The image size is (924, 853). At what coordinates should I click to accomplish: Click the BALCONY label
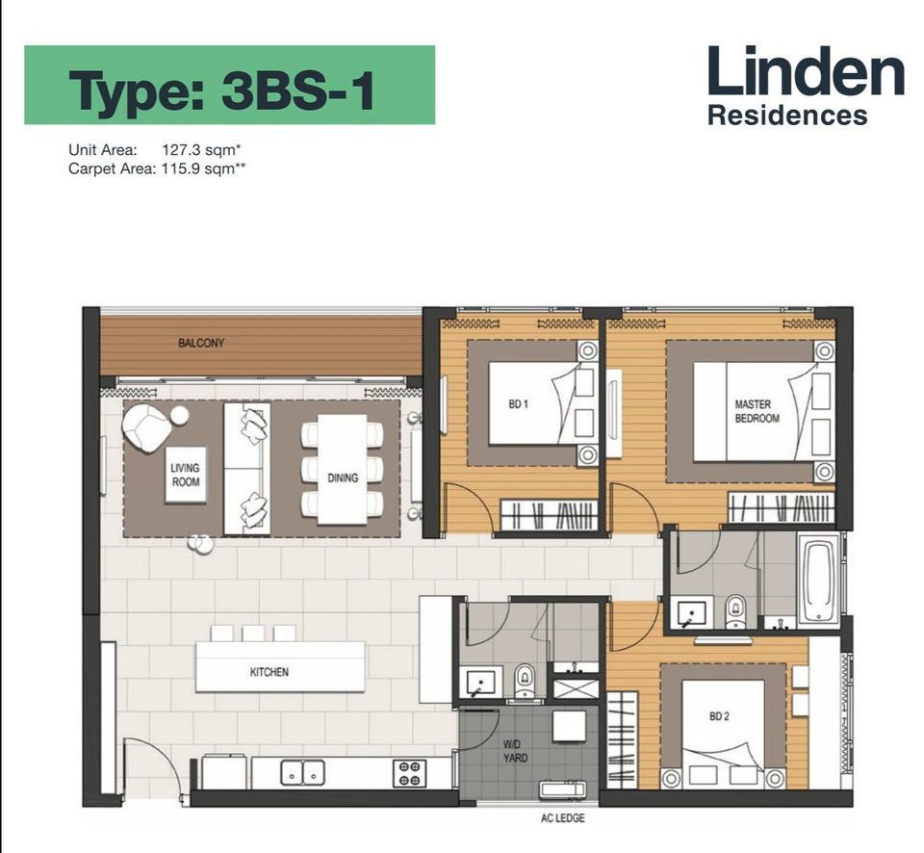coord(201,343)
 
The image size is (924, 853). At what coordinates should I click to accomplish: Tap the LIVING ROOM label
coord(185,475)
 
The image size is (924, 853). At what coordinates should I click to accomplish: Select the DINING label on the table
coord(343,478)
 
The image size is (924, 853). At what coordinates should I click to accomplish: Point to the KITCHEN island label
coord(269,671)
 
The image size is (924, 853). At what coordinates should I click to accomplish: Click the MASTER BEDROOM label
coord(757,411)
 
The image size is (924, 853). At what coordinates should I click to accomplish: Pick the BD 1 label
coord(519,404)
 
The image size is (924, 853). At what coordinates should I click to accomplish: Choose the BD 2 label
coord(720,716)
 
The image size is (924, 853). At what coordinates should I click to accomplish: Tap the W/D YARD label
coord(515,751)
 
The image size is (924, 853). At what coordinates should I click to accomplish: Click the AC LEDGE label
coord(563,818)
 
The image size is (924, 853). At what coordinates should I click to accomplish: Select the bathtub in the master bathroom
coord(818,582)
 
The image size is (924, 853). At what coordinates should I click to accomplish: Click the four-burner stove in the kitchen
coord(409,773)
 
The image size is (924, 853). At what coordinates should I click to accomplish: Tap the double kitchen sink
coord(302,772)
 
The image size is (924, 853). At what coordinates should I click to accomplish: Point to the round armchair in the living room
coord(145,426)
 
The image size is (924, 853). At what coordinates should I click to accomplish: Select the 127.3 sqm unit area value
coord(201,150)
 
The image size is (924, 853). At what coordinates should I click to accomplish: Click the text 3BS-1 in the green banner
coord(298,90)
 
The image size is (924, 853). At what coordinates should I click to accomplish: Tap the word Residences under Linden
coord(787,115)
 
